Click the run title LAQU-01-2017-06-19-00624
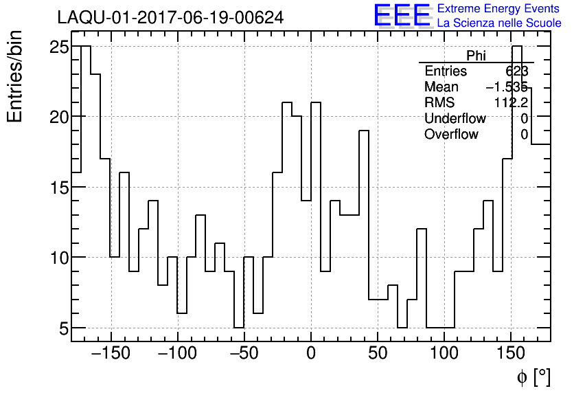click(x=170, y=18)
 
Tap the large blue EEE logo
click(x=402, y=15)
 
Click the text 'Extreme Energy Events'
click(x=499, y=9)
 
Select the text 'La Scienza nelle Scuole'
click(x=499, y=23)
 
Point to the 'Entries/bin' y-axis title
click(x=15, y=76)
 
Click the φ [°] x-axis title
click(x=533, y=377)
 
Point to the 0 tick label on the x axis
click(x=311, y=355)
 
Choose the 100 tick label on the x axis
click(x=444, y=355)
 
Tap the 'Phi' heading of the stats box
click(x=476, y=56)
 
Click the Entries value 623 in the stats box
click(x=516, y=71)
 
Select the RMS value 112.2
click(x=511, y=103)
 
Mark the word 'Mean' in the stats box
click(x=441, y=87)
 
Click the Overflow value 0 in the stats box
click(x=524, y=135)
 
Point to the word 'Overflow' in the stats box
click(x=451, y=135)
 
